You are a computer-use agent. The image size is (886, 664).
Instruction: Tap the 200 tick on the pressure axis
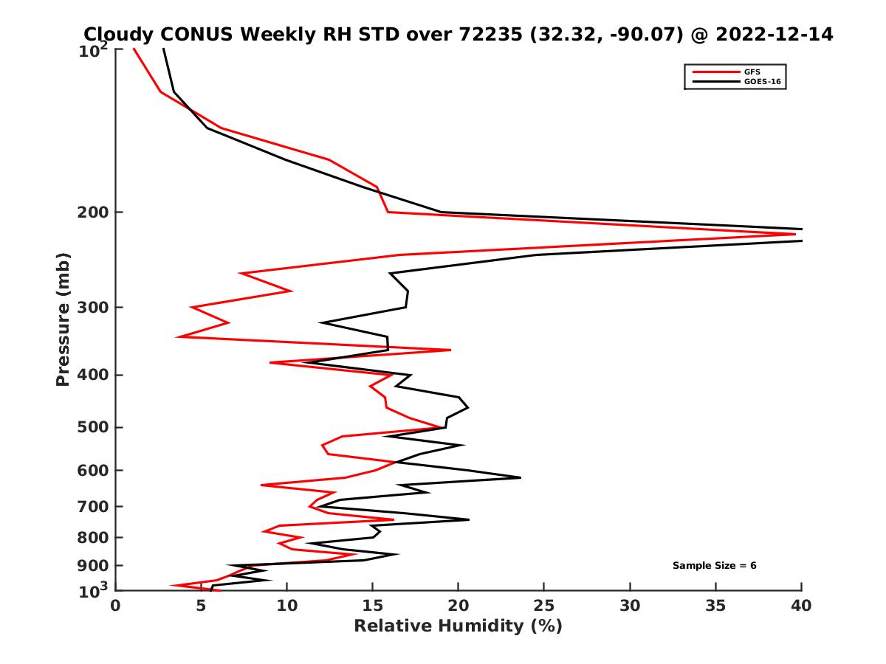click(94, 212)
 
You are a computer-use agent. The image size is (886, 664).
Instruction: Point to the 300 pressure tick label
click(94, 308)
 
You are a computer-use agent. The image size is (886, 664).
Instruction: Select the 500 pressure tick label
click(94, 427)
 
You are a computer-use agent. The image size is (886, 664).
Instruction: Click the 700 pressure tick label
click(94, 507)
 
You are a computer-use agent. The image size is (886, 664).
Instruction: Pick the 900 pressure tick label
click(94, 566)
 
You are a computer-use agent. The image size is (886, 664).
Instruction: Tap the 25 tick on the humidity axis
click(544, 606)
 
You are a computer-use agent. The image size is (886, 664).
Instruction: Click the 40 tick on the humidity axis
click(801, 606)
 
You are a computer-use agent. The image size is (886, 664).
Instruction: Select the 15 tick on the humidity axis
click(372, 606)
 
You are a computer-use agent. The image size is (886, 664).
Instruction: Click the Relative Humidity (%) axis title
click(458, 626)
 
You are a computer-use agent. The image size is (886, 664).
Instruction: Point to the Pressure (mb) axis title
click(63, 319)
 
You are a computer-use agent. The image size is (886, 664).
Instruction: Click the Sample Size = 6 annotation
click(714, 566)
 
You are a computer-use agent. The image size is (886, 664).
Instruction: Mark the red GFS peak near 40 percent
click(794, 235)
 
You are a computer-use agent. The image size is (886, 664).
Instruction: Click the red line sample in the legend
click(713, 72)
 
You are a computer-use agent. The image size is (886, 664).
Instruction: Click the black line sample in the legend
click(713, 82)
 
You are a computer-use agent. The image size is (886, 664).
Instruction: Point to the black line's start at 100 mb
click(163, 49)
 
